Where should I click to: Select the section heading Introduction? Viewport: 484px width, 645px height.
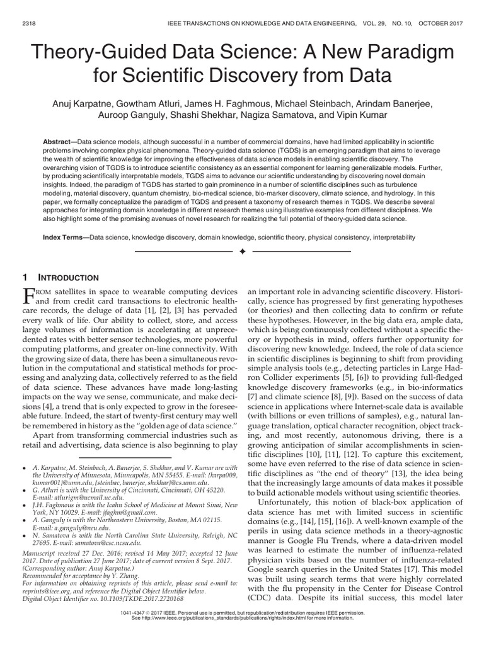tap(69, 278)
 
